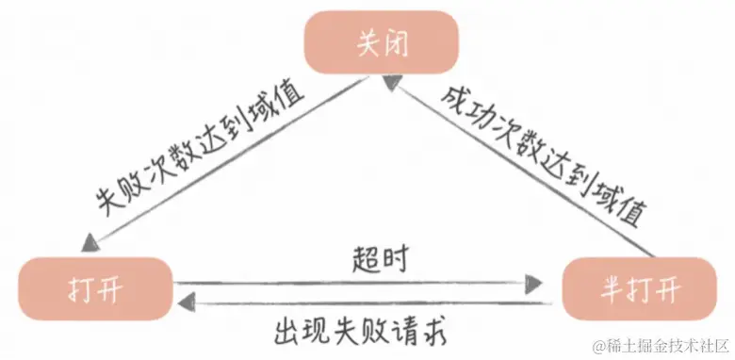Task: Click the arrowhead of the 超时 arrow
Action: click(x=536, y=282)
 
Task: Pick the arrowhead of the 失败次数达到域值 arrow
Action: click(x=89, y=243)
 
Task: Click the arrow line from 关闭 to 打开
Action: click(x=226, y=161)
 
